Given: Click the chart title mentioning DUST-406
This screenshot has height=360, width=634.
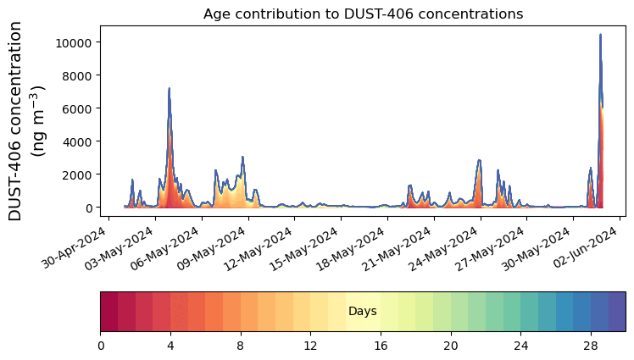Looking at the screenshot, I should [363, 14].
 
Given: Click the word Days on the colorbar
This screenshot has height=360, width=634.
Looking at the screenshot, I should [363, 312].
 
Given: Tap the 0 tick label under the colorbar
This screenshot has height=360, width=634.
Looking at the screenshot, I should [101, 346].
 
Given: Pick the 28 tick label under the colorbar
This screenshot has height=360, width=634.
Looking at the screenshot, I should [591, 346].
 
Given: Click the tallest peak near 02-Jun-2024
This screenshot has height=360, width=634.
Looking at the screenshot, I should [600, 36].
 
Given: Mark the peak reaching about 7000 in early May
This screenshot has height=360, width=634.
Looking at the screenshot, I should [170, 89].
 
